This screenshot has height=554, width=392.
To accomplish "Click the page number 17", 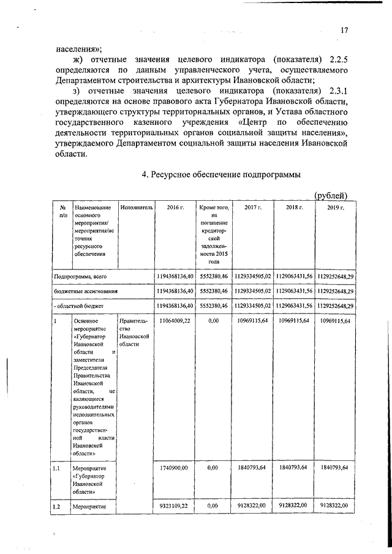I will pyautogui.click(x=345, y=30).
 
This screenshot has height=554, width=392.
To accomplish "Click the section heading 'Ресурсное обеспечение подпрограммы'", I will pyautogui.click(x=221, y=174).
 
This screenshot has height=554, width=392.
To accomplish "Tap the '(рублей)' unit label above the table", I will pyautogui.click(x=331, y=195).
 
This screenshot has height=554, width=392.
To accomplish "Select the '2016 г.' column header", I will pyautogui.click(x=175, y=208).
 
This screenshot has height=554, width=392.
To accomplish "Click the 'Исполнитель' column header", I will pyautogui.click(x=136, y=208).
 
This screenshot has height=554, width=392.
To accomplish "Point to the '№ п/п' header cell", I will pyautogui.click(x=62, y=212).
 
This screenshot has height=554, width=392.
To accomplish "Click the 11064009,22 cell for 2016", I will pyautogui.click(x=175, y=320).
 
